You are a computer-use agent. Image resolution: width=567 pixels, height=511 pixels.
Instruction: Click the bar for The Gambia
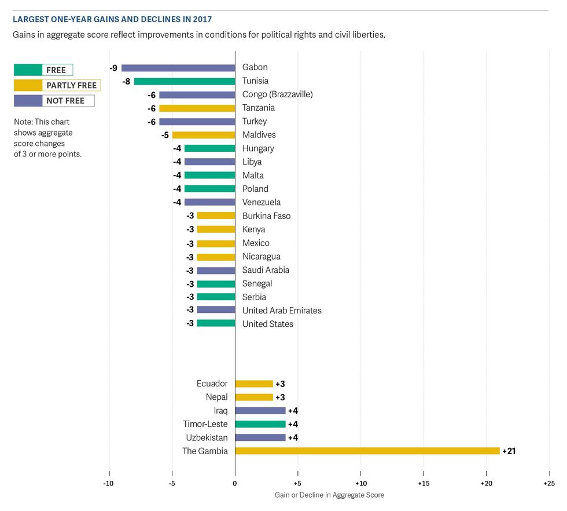click(367, 451)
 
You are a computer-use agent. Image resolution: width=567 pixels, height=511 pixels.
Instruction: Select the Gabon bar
click(178, 68)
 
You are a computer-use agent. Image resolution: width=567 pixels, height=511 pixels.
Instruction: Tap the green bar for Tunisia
click(185, 81)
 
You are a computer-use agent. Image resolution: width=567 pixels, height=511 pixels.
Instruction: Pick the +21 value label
click(509, 451)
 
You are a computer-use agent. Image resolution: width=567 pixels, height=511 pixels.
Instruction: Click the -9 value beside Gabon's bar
click(113, 68)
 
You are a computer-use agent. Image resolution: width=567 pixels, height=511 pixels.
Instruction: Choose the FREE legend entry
click(43, 70)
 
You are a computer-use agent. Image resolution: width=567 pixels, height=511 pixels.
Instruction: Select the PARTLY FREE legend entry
click(57, 85)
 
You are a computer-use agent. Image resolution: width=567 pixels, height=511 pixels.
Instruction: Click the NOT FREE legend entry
click(54, 100)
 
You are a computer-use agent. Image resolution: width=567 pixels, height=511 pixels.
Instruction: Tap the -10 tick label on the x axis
click(109, 483)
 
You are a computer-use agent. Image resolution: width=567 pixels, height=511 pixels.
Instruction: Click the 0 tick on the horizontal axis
click(235, 483)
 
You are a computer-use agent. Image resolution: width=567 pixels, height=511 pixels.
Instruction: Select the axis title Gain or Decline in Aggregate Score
click(329, 495)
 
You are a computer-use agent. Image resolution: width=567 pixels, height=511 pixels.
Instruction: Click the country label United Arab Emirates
click(282, 311)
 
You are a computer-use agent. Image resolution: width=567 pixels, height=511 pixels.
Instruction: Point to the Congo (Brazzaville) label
click(277, 94)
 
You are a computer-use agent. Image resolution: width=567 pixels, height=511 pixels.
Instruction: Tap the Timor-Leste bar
click(260, 424)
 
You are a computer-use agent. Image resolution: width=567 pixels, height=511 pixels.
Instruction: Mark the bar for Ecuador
click(254, 384)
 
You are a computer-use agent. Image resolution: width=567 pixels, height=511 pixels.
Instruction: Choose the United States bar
click(216, 323)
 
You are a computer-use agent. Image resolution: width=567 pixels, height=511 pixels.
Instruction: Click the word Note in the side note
click(23, 122)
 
